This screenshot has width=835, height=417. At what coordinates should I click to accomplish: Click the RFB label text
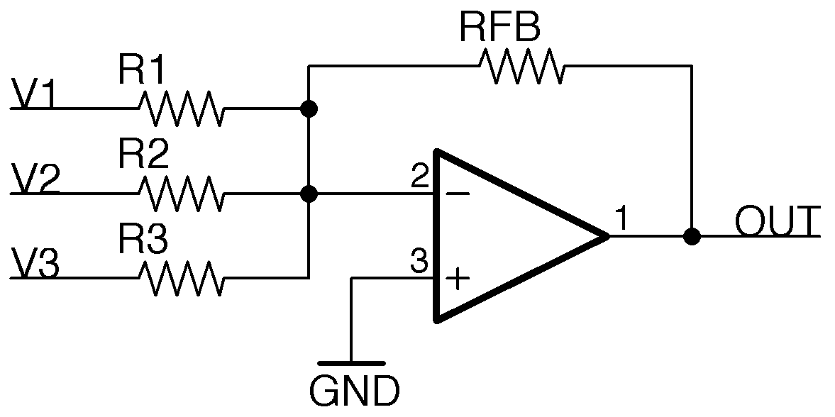pos(500,28)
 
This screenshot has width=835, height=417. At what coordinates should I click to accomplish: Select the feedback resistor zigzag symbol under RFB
pos(521,67)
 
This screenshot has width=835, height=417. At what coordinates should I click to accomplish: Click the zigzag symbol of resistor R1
pos(180,109)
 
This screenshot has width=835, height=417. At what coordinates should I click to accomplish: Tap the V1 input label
pos(33,96)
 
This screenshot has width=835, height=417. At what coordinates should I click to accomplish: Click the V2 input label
pos(35,180)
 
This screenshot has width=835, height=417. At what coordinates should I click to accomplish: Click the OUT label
pos(778,222)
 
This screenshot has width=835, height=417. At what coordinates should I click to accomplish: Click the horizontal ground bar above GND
pos(351,364)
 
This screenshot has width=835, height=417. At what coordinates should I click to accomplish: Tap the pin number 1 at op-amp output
pos(621,220)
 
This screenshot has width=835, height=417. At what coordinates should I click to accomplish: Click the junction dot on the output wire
pos(691,236)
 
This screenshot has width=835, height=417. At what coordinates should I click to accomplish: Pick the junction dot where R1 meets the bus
pos(309,109)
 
